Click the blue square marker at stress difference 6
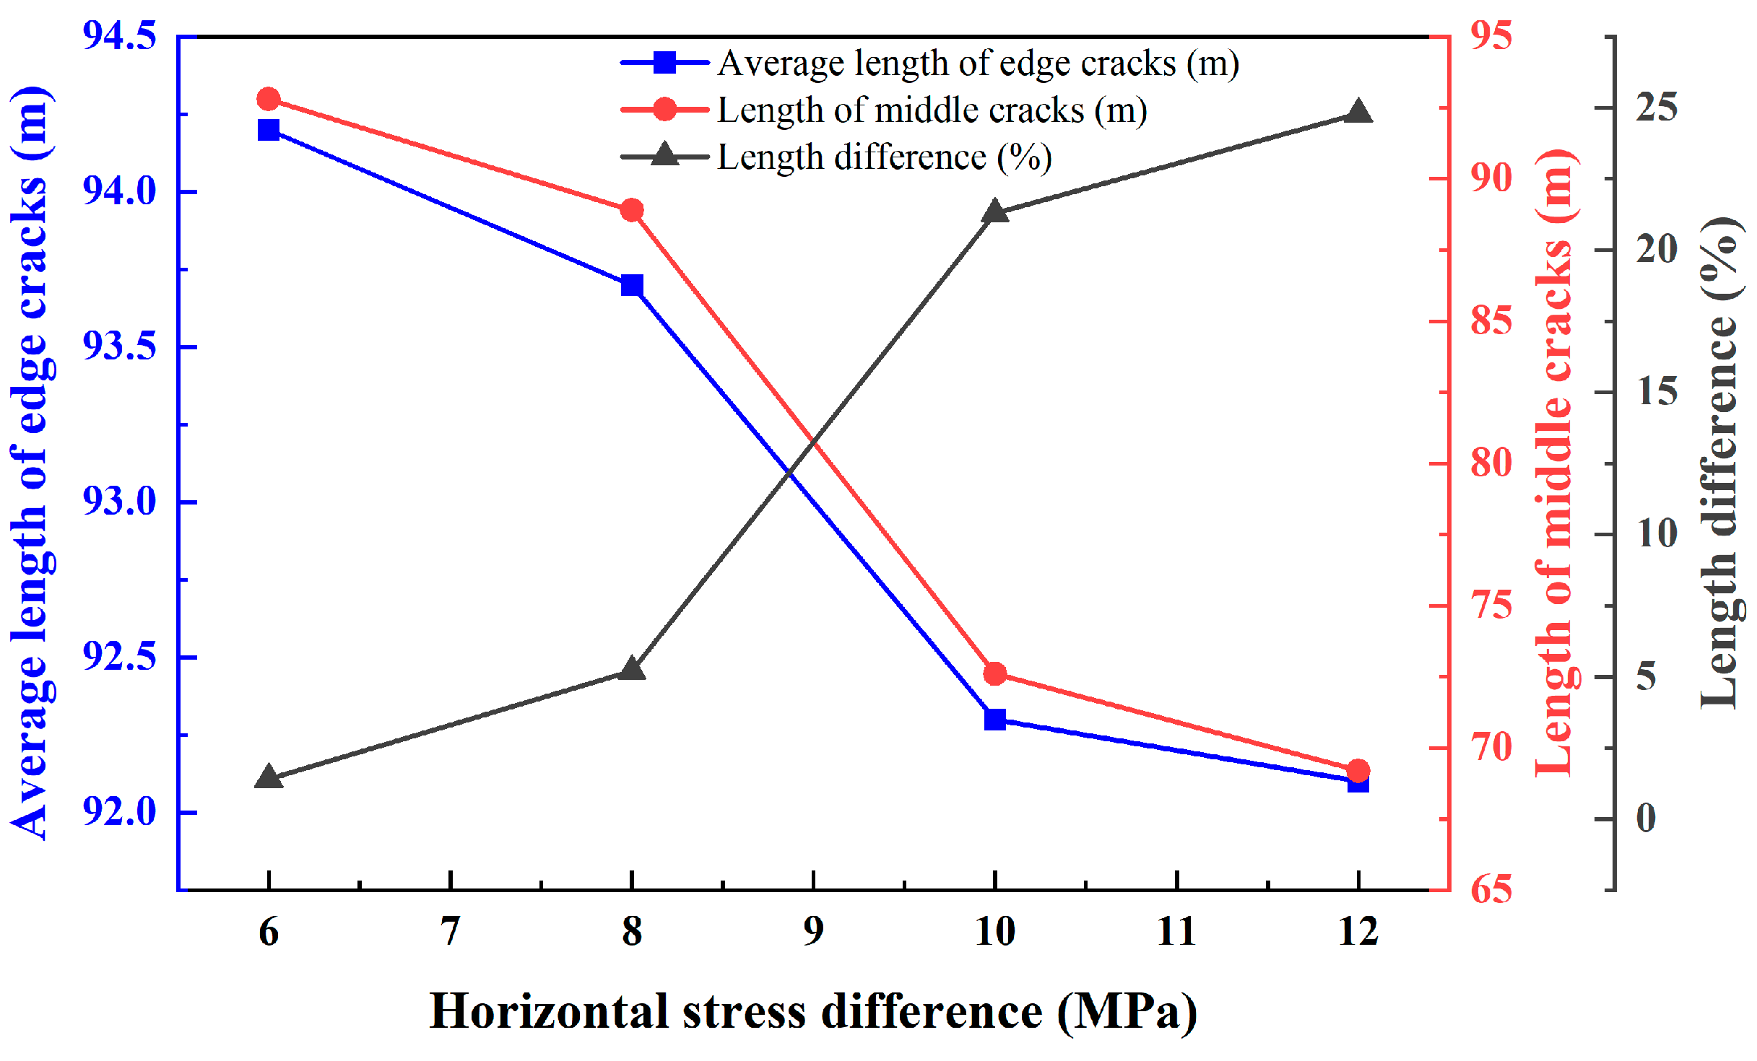[269, 130]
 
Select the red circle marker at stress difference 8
[632, 211]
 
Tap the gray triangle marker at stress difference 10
[995, 212]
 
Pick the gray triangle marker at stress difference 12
[1358, 113]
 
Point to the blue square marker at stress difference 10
[995, 719]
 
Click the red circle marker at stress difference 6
[269, 99]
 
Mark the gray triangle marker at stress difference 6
[269, 778]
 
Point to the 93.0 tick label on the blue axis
[119, 502]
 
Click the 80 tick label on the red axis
[1491, 463]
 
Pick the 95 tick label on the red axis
[1491, 36]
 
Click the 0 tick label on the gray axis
[1647, 818]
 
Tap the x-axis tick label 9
[814, 932]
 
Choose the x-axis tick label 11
[1177, 932]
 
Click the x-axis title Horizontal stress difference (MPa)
[814, 1012]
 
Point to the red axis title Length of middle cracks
[1556, 463]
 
